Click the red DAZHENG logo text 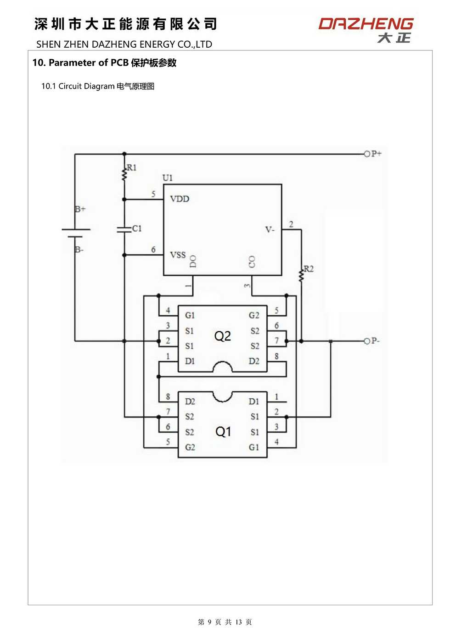click(x=366, y=24)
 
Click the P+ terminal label click(x=377, y=154)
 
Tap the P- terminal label click(x=375, y=340)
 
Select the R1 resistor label click(x=131, y=167)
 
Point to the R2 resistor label click(x=309, y=268)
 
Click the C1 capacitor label click(x=137, y=228)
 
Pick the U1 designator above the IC click(x=167, y=178)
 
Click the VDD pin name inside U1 click(x=180, y=199)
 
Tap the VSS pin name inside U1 click(x=178, y=255)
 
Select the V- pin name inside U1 click(x=270, y=229)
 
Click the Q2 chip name click(x=222, y=336)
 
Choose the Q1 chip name click(x=223, y=431)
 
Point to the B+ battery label click(x=80, y=209)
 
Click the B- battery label click(x=79, y=250)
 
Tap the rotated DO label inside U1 click(x=193, y=261)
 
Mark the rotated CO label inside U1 click(x=252, y=262)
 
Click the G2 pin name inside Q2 click(x=254, y=315)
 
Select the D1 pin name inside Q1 click(x=254, y=402)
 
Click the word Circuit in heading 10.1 click(x=70, y=86)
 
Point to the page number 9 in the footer click(x=210, y=622)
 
